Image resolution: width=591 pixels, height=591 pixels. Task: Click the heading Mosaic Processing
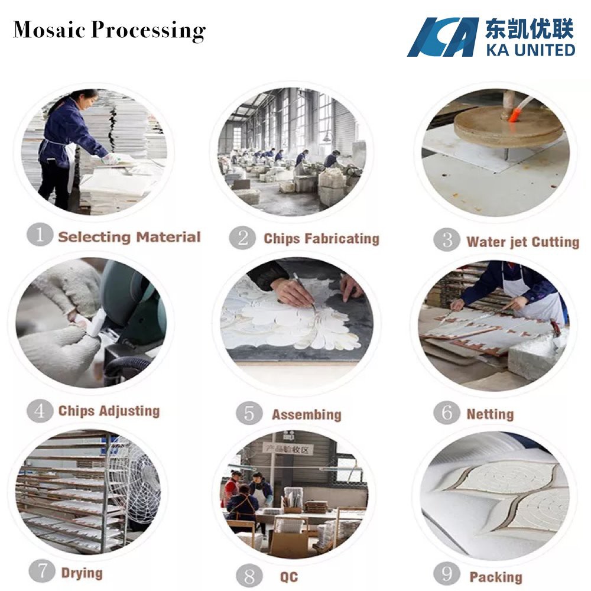109,30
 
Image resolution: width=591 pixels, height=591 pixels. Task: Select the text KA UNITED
530,48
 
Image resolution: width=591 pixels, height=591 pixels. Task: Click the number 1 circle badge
40,235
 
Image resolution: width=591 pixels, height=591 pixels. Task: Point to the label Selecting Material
129,237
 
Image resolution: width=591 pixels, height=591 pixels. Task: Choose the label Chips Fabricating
321,239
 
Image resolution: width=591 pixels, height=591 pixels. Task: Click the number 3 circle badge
446,240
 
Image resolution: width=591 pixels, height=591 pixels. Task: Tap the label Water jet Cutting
522,242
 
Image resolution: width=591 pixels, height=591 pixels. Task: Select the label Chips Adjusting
109,411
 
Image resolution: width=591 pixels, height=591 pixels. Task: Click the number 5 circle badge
249,413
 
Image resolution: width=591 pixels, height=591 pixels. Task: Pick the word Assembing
306,414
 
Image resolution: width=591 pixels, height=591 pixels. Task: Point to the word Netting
490,414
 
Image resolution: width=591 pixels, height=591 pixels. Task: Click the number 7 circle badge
41,571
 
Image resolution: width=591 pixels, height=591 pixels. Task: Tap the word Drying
82,573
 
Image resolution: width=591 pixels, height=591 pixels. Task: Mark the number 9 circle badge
447,574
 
